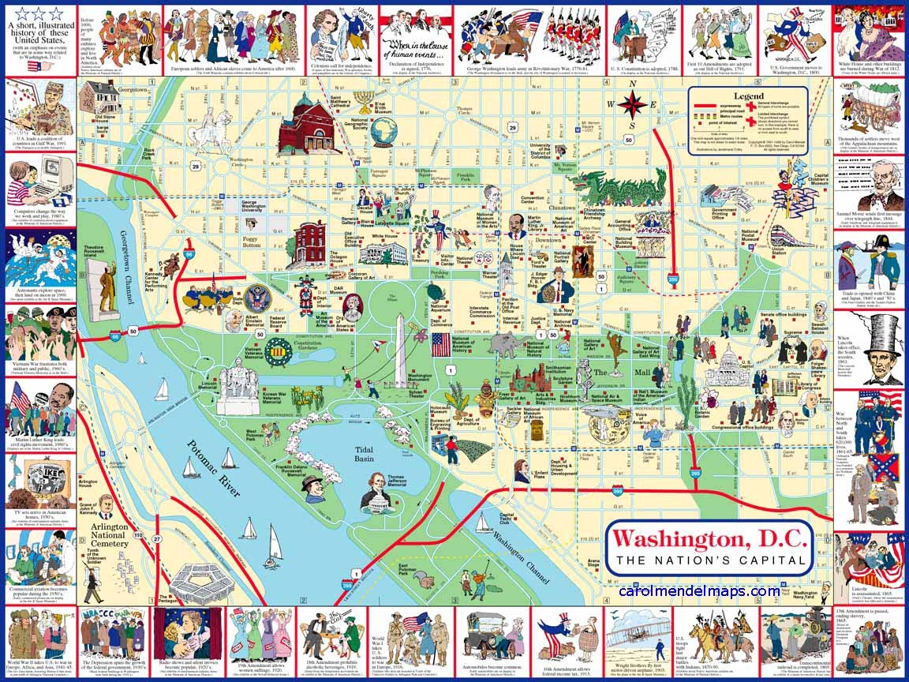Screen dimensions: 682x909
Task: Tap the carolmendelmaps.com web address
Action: [x=699, y=590]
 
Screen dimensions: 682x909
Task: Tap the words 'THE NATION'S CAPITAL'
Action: [x=710, y=561]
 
